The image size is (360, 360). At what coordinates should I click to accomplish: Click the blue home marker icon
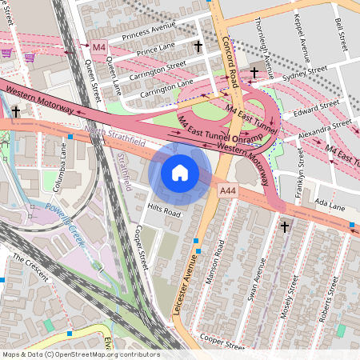point(180,172)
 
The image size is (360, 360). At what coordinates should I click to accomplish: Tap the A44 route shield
point(228,190)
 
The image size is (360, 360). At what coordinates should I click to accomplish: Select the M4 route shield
point(98,47)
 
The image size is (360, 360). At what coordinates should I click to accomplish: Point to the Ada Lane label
point(330,206)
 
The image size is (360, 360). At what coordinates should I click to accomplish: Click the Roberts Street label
point(324,305)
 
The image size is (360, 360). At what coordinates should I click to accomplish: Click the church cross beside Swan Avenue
point(284,228)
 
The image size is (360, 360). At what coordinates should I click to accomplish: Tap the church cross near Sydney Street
point(254,73)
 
